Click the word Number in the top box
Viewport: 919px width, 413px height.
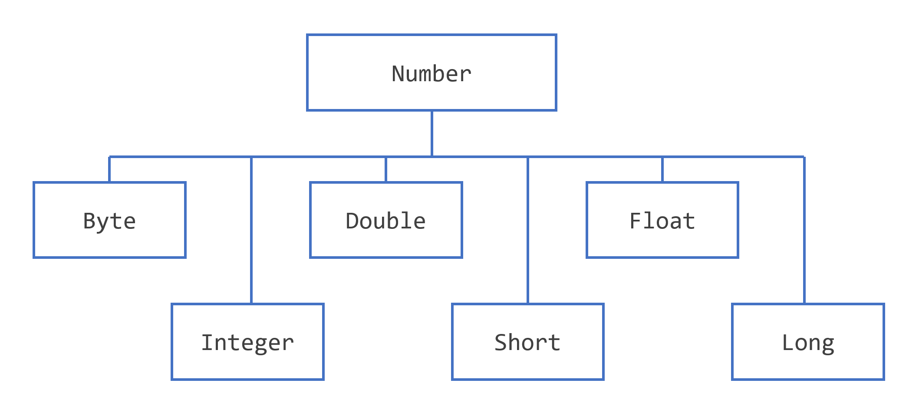[x=431, y=74]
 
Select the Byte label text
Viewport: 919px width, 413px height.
[x=109, y=221]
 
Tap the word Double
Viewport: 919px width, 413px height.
[x=385, y=221]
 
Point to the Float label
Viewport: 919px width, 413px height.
[x=662, y=221]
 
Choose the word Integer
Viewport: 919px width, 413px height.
[x=247, y=343]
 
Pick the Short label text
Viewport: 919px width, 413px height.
[x=527, y=343]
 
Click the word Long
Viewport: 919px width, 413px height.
[x=808, y=343]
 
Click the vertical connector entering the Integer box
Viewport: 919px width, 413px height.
[x=251, y=230]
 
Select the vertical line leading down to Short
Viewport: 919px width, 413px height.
[x=528, y=230]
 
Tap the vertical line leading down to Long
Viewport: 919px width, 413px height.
[x=804, y=230]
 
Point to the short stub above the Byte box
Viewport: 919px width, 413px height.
[x=109, y=169]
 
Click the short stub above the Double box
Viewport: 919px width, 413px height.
[x=386, y=169]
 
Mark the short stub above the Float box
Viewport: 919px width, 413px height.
[x=662, y=169]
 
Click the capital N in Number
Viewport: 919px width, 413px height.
[x=399, y=74]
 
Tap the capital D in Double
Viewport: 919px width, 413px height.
[x=352, y=221]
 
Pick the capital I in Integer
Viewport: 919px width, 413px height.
[x=208, y=343]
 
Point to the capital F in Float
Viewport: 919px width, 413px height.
[x=636, y=221]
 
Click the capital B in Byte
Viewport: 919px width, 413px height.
[x=89, y=221]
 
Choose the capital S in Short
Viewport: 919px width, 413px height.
[x=501, y=343]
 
